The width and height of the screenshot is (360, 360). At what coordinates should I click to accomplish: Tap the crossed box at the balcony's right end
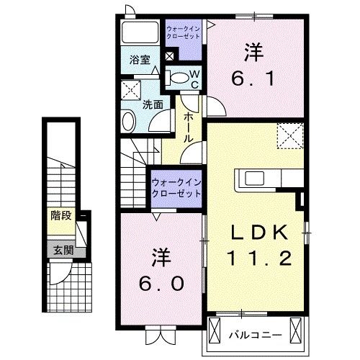[x=295, y=331]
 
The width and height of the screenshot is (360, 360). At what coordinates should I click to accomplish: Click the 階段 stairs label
[x=61, y=215]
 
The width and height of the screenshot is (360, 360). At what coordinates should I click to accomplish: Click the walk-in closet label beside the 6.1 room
[x=182, y=32]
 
